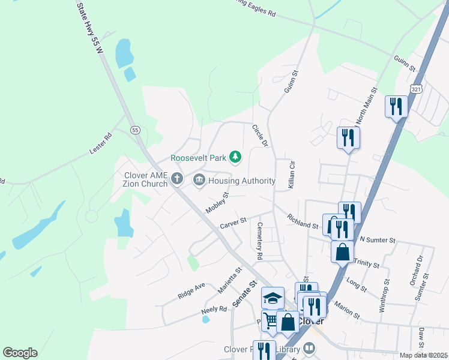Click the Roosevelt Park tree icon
tap(236, 157)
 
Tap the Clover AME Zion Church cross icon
tap(176, 179)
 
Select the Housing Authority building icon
tap(199, 180)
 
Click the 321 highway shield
tap(417, 89)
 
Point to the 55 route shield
tap(135, 130)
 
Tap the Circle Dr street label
tap(259, 136)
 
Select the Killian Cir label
tap(292, 175)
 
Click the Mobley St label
tap(218, 203)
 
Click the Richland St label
tap(302, 221)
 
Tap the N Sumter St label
tap(377, 240)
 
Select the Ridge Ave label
tap(191, 291)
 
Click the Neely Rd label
tap(214, 309)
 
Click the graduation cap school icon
tap(273, 298)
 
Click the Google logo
tap(20, 353)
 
